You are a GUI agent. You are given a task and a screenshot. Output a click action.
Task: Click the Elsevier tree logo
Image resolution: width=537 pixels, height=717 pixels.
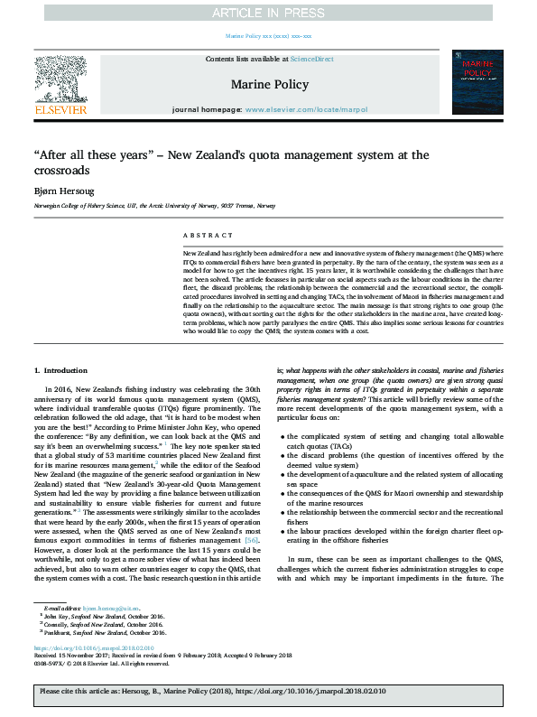[60, 78]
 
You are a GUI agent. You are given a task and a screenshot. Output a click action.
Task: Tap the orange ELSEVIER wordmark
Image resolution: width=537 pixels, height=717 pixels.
[60, 109]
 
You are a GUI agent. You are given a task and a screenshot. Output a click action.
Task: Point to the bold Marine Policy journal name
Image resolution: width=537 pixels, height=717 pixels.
[269, 84]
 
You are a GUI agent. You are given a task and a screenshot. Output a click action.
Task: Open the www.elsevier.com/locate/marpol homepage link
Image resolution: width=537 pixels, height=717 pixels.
[293, 109]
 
